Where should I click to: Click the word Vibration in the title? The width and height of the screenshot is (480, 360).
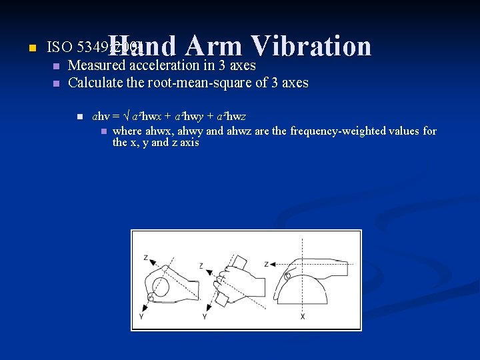(x=311, y=46)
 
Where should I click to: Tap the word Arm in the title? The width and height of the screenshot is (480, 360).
(x=214, y=46)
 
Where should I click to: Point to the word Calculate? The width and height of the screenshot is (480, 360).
(x=93, y=83)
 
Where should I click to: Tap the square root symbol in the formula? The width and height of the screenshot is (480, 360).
(x=135, y=117)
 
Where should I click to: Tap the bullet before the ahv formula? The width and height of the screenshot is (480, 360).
(x=78, y=117)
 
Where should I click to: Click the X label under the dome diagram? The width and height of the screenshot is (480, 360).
(x=302, y=316)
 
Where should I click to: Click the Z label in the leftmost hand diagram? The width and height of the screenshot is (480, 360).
(x=146, y=257)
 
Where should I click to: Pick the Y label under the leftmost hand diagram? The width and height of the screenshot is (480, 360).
(x=141, y=317)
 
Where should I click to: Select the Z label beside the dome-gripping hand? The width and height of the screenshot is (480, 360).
(x=266, y=264)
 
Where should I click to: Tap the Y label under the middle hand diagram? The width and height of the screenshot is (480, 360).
(x=204, y=316)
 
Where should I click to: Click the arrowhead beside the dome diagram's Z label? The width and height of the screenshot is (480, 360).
(x=273, y=264)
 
